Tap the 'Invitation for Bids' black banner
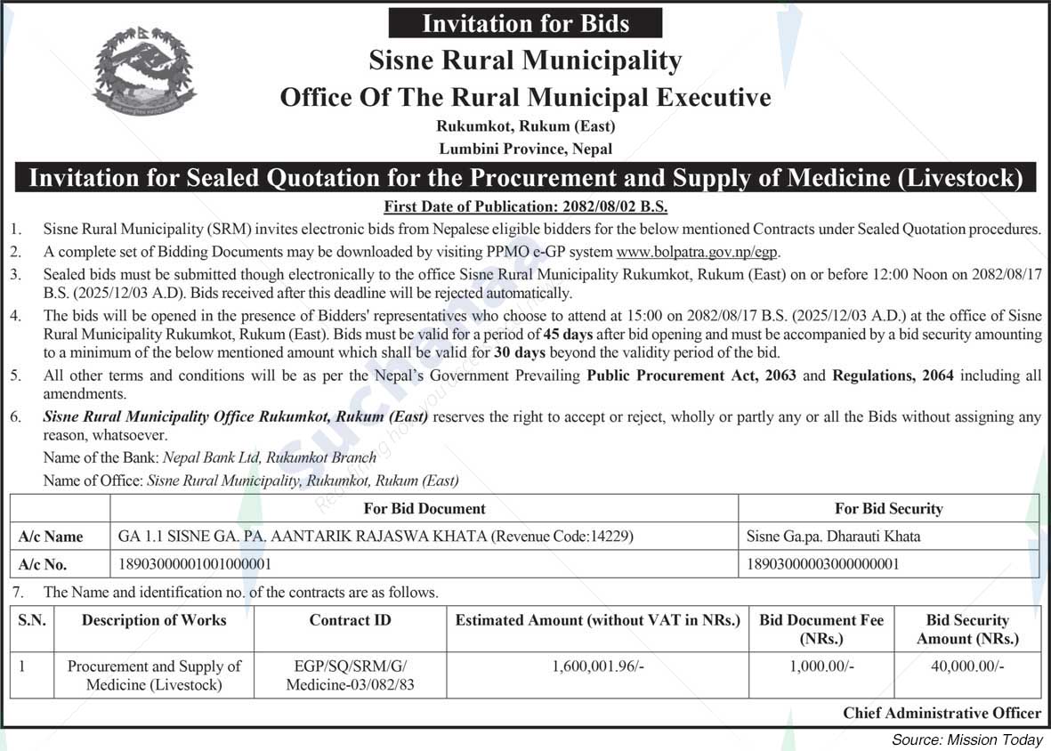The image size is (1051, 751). click(527, 23)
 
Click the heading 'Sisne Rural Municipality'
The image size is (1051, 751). click(525, 61)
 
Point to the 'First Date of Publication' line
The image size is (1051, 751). click(525, 207)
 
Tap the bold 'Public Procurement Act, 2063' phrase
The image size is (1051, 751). click(691, 375)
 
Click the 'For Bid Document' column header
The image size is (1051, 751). click(424, 509)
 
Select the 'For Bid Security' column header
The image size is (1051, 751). click(888, 509)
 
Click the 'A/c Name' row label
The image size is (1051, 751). click(51, 537)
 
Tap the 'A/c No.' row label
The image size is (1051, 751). click(43, 564)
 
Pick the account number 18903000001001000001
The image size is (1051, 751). click(195, 564)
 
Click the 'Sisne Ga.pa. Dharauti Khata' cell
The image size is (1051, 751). click(834, 537)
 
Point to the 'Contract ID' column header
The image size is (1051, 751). click(350, 620)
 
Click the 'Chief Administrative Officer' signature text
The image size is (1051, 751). click(942, 713)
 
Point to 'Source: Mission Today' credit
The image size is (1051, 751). click(966, 740)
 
